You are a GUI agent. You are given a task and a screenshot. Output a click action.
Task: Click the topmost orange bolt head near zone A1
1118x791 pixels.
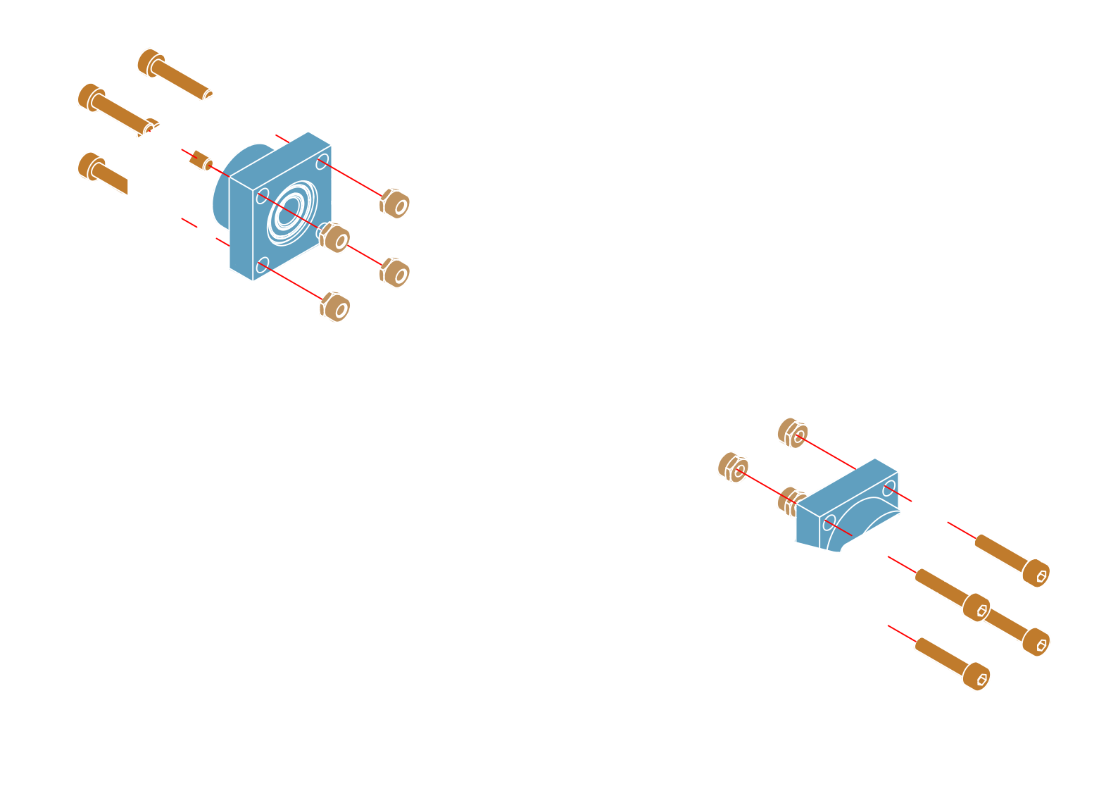pos(151,62)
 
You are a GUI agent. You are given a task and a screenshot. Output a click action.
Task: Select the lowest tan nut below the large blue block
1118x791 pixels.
pos(335,306)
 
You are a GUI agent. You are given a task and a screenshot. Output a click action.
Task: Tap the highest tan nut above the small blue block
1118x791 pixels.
pos(793,433)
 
